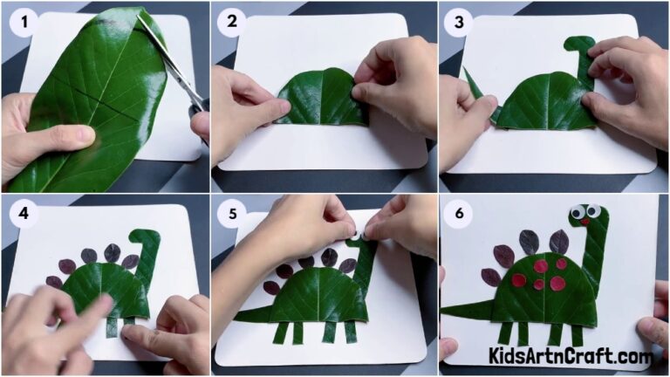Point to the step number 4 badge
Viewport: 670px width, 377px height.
tap(23, 213)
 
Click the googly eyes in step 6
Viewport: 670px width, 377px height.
tap(579, 211)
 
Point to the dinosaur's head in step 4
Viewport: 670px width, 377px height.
tap(143, 236)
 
